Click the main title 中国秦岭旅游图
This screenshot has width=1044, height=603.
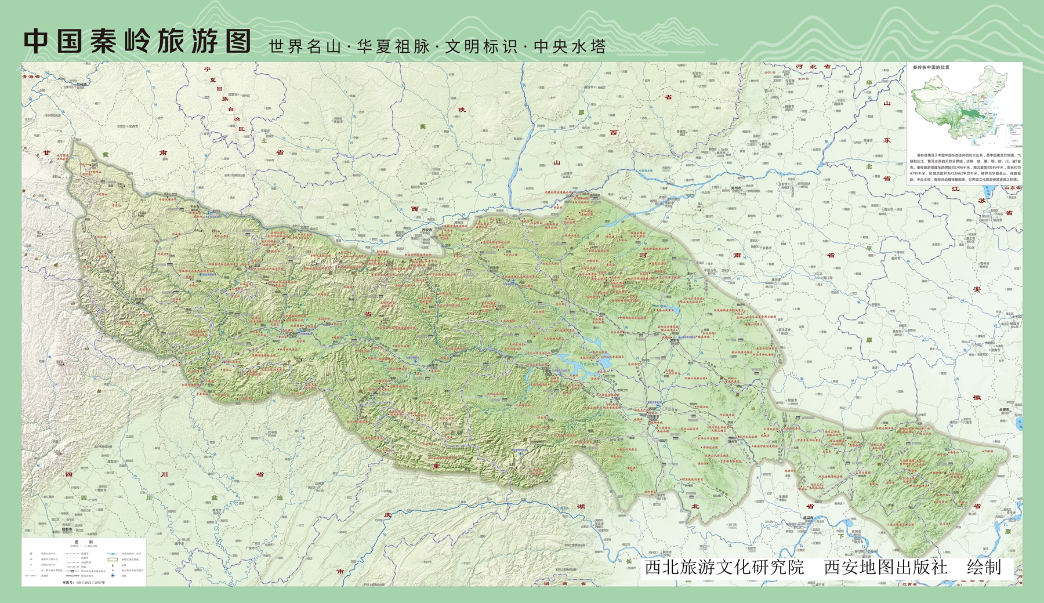point(137,42)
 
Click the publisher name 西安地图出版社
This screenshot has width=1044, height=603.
point(886,567)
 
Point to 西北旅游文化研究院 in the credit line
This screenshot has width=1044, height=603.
point(724,567)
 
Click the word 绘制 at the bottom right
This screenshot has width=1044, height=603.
point(984,567)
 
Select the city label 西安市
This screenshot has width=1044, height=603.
point(427,230)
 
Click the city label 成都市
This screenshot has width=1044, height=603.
point(66,529)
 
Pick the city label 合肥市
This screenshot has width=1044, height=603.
point(1004,409)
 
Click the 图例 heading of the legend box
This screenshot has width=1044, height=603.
point(84,542)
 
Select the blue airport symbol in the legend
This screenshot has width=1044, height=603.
point(113,576)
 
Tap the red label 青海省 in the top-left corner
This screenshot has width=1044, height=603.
point(31,77)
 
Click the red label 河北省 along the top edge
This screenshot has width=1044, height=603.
point(813,67)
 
